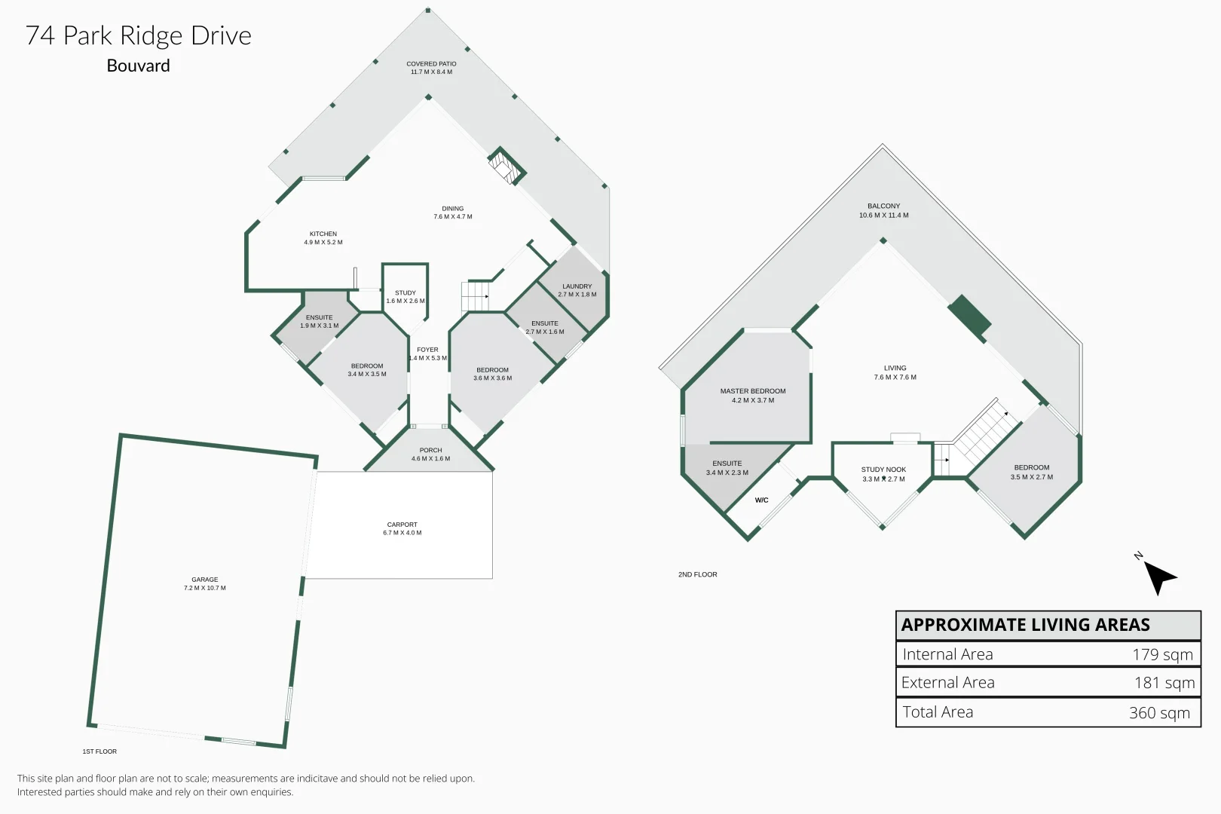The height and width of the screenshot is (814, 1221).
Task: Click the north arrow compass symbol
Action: (1158, 577)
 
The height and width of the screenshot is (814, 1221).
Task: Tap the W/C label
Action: (761, 500)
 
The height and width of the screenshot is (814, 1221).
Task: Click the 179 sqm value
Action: (1163, 654)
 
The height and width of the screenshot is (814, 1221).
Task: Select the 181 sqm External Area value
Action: (1164, 683)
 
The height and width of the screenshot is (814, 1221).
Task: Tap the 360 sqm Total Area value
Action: (1159, 712)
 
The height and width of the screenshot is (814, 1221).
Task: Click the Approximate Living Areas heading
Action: (1025, 625)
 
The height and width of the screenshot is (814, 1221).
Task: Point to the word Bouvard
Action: (139, 66)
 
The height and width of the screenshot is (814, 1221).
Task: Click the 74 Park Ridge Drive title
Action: (139, 35)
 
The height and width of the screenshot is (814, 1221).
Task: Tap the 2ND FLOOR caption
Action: (698, 574)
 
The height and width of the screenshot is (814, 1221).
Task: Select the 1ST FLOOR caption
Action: (99, 751)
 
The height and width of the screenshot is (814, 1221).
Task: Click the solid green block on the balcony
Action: (969, 317)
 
